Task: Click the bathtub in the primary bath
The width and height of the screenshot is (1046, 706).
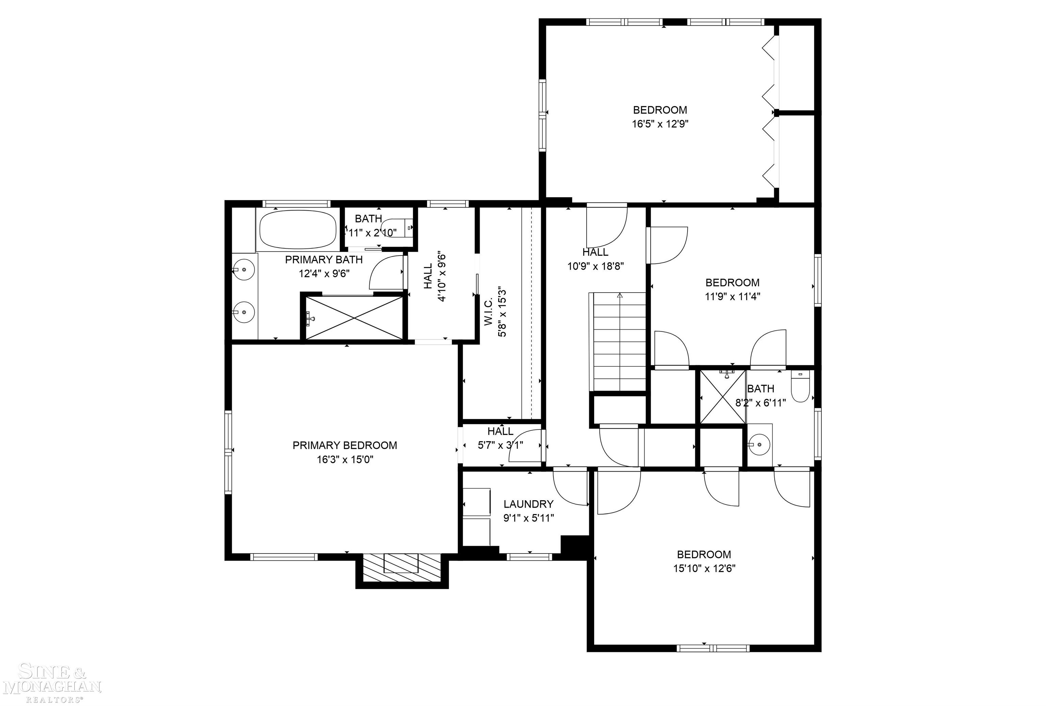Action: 298,229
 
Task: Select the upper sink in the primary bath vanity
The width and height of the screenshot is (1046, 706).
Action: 243,270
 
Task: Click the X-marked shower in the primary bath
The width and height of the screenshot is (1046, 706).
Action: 354,318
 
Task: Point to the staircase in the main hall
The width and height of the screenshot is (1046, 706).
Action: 619,342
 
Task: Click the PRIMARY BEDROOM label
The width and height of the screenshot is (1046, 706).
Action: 345,445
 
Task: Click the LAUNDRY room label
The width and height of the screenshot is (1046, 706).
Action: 528,504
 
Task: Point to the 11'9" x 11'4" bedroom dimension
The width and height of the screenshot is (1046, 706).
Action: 732,297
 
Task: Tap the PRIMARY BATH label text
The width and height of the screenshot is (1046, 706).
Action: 323,260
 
